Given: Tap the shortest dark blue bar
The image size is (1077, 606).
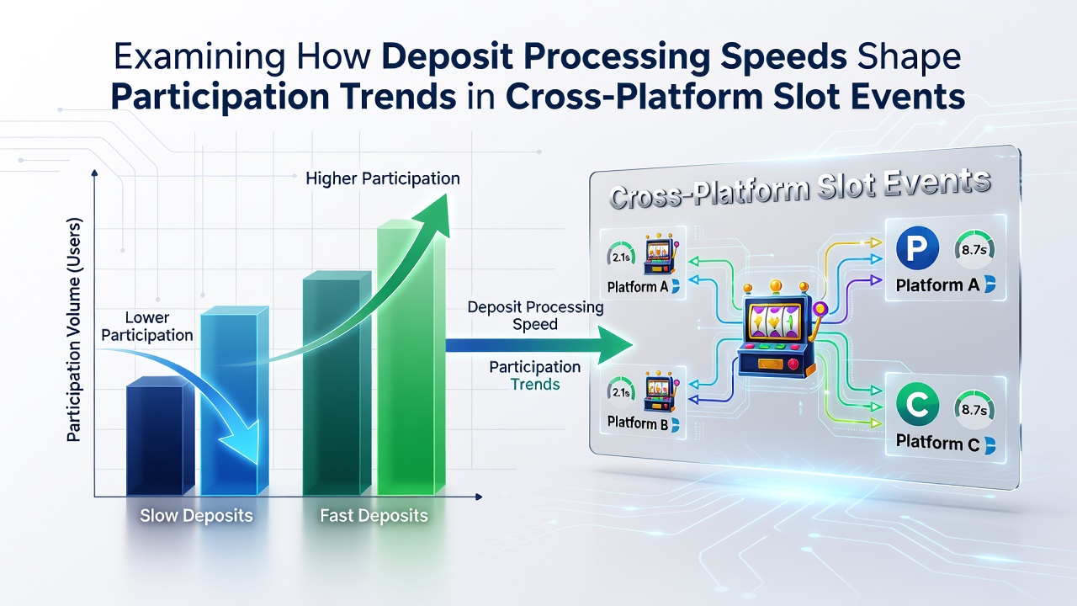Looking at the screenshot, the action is click(x=160, y=436).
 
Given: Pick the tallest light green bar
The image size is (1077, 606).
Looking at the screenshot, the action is click(x=412, y=358).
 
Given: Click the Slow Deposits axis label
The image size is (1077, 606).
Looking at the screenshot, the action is click(x=196, y=516).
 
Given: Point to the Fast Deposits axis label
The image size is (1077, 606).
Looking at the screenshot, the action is click(x=374, y=516).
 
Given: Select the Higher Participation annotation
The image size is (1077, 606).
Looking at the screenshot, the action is click(x=383, y=178).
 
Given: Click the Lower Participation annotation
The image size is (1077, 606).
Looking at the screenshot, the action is click(x=147, y=326).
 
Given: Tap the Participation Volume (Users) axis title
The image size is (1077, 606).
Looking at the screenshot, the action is click(x=74, y=330).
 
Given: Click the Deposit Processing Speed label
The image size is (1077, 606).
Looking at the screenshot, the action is click(x=535, y=316).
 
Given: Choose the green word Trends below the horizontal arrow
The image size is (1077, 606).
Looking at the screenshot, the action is click(x=535, y=385).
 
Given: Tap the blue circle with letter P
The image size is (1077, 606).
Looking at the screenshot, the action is click(x=917, y=247).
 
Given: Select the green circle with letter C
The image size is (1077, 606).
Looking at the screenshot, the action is click(x=917, y=405).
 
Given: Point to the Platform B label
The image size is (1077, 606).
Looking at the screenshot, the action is click(x=638, y=423).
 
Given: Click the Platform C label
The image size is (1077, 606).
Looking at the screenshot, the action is click(x=937, y=443).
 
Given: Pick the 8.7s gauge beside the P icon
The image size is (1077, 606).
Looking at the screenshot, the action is click(x=974, y=250).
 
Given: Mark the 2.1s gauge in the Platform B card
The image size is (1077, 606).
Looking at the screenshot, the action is click(x=621, y=392).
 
